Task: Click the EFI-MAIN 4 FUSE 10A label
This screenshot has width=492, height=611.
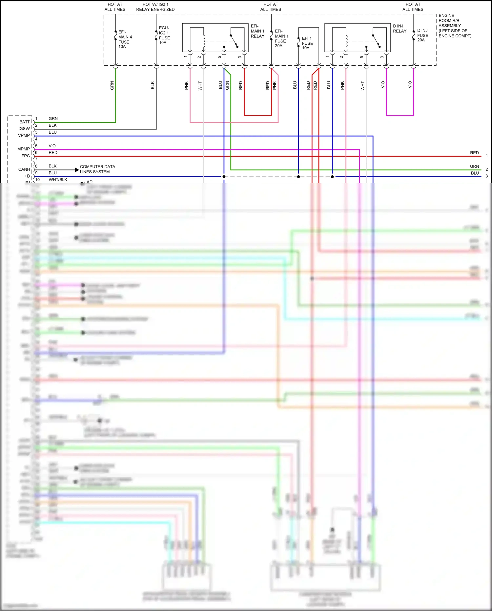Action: tap(125, 39)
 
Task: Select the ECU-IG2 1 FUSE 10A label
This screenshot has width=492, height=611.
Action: tap(164, 35)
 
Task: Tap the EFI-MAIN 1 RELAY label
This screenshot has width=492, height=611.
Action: tap(257, 31)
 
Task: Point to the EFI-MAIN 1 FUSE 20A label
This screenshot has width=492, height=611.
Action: tap(281, 38)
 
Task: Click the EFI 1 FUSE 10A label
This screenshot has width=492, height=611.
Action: tap(307, 43)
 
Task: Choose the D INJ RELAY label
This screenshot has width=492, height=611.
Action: tap(400, 29)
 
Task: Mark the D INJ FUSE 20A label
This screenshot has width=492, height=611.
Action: tap(422, 35)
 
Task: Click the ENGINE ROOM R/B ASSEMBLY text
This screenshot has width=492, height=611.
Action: tap(455, 26)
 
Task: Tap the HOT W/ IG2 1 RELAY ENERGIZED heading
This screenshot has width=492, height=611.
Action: tap(155, 7)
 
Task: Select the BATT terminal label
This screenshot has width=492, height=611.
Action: tap(25, 122)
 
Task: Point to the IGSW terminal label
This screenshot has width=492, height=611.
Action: tap(24, 129)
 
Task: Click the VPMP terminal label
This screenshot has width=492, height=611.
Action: tap(24, 135)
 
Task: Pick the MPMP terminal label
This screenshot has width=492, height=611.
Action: tap(24, 149)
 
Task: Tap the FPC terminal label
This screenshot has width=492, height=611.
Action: tap(26, 156)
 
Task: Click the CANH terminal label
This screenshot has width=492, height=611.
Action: tap(24, 169)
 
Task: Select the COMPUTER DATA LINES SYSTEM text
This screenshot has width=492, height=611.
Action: tap(97, 169)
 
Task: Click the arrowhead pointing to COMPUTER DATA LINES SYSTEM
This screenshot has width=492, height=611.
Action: tap(77, 170)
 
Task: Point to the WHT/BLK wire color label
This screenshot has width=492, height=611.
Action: tap(58, 180)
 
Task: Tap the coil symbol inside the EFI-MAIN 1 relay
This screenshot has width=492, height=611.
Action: tap(204, 41)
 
